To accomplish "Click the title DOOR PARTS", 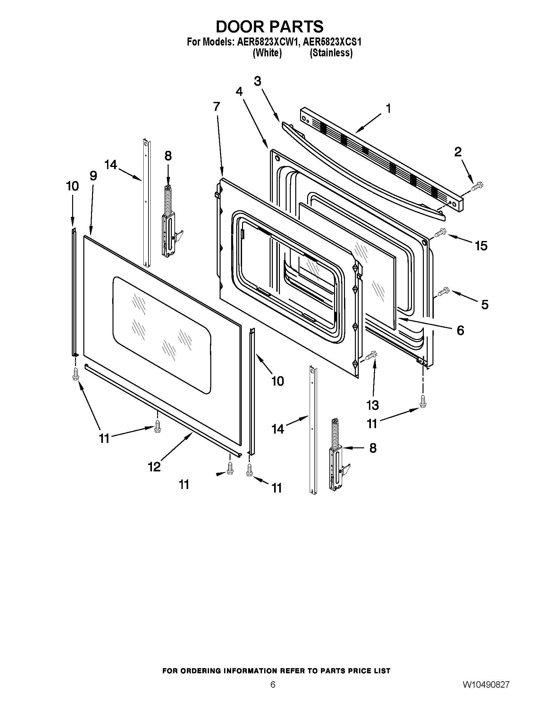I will click(269, 27).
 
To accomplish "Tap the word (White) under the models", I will click(267, 53).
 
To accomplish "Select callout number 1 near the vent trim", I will click(389, 108).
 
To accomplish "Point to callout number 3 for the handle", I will click(257, 81).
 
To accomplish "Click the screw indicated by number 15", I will click(440, 233).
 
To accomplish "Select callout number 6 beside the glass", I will click(460, 330).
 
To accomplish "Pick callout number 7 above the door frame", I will click(216, 106).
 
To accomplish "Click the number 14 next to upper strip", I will click(111, 165).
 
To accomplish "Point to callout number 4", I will click(239, 92).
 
